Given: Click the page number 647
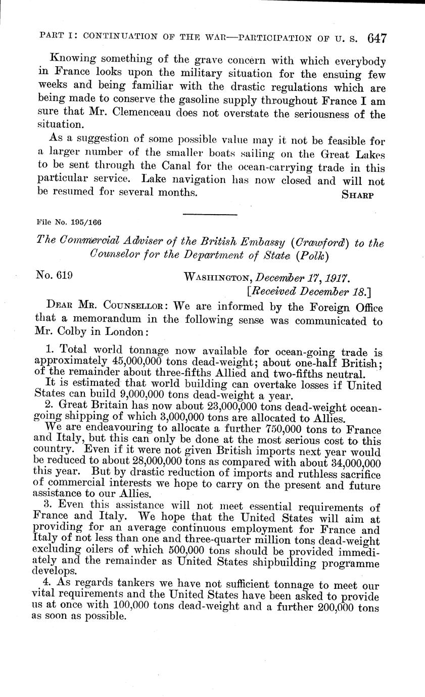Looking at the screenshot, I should [377, 39].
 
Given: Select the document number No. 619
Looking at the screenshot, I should [55, 275].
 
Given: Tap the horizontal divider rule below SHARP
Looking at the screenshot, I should [210, 215].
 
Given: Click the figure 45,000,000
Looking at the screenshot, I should [134, 362].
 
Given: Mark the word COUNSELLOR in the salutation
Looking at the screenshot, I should [132, 308].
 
